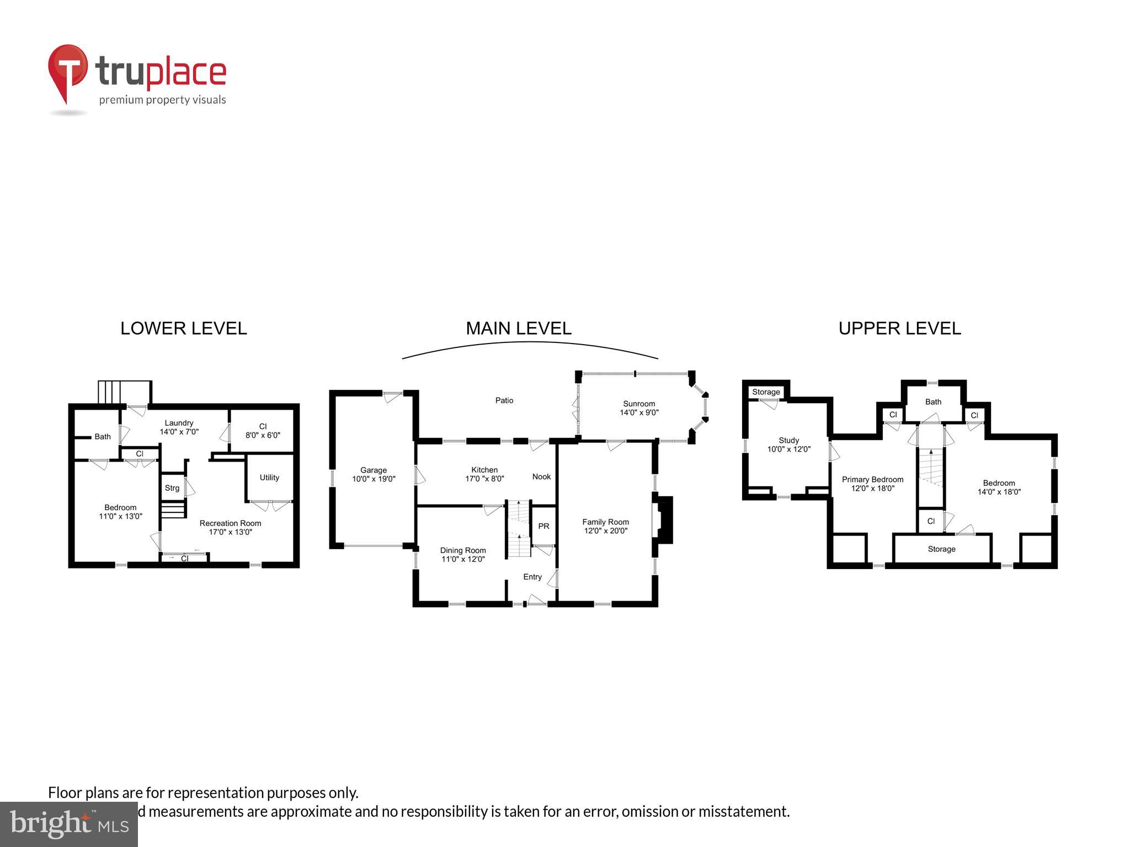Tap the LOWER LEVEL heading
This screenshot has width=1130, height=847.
[x=183, y=329]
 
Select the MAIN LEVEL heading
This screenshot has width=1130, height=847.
[x=518, y=329]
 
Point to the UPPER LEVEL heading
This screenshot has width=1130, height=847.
[x=899, y=329]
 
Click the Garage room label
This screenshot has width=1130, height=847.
[x=374, y=470]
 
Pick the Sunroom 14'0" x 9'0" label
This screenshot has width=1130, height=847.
[x=639, y=408]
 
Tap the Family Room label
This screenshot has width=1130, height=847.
[x=605, y=522]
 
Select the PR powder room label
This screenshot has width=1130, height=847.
[x=543, y=526]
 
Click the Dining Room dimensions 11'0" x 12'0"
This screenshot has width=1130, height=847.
[x=463, y=559]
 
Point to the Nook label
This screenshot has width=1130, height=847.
[x=541, y=477]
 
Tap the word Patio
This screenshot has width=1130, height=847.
[x=504, y=400]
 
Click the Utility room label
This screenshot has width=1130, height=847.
[x=269, y=478]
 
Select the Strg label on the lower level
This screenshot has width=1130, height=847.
[x=172, y=488]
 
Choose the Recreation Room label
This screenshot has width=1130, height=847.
[x=230, y=523]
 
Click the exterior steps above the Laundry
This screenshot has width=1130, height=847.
[x=124, y=392]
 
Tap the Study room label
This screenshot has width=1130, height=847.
[x=788, y=441]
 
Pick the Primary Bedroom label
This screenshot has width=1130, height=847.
[x=872, y=480]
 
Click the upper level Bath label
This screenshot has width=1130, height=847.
[x=933, y=402]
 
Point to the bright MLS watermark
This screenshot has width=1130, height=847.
[x=69, y=824]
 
